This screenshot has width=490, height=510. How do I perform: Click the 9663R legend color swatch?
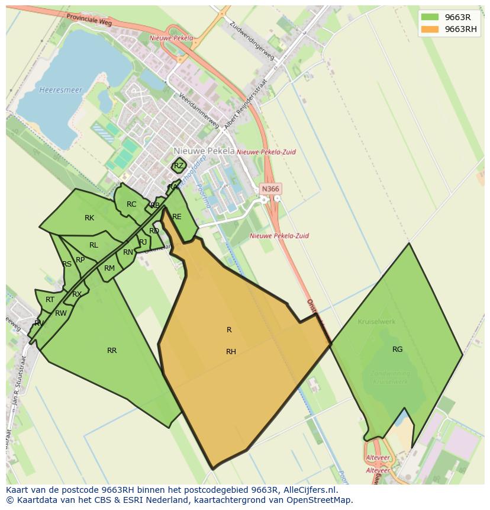pyautogui.click(x=430, y=17)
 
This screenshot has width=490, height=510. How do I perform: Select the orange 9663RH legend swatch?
pyautogui.click(x=430, y=29)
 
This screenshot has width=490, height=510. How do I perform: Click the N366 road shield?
pyautogui.click(x=270, y=189)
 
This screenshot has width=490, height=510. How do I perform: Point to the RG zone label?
pyautogui.click(x=397, y=349)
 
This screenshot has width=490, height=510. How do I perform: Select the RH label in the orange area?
pyautogui.click(x=231, y=352)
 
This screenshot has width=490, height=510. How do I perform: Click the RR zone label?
pyautogui.click(x=112, y=351)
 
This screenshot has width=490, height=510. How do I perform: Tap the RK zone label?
pyautogui.click(x=89, y=218)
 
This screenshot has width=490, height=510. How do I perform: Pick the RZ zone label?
pyautogui.click(x=179, y=166)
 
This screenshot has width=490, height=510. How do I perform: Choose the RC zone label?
pyautogui.click(x=131, y=204)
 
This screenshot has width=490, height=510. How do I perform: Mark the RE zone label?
pyautogui.click(x=176, y=217)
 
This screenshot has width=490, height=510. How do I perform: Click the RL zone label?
pyautogui.click(x=94, y=245)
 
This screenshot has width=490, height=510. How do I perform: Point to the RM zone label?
pyautogui.click(x=109, y=268)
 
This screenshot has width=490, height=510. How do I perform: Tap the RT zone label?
pyautogui.click(x=50, y=300)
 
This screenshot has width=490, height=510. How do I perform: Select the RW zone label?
pyautogui.click(x=60, y=313)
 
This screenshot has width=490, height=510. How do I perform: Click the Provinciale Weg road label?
pyautogui.click(x=89, y=20)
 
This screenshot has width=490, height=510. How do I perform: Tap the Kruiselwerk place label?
pyautogui.click(x=376, y=322)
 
